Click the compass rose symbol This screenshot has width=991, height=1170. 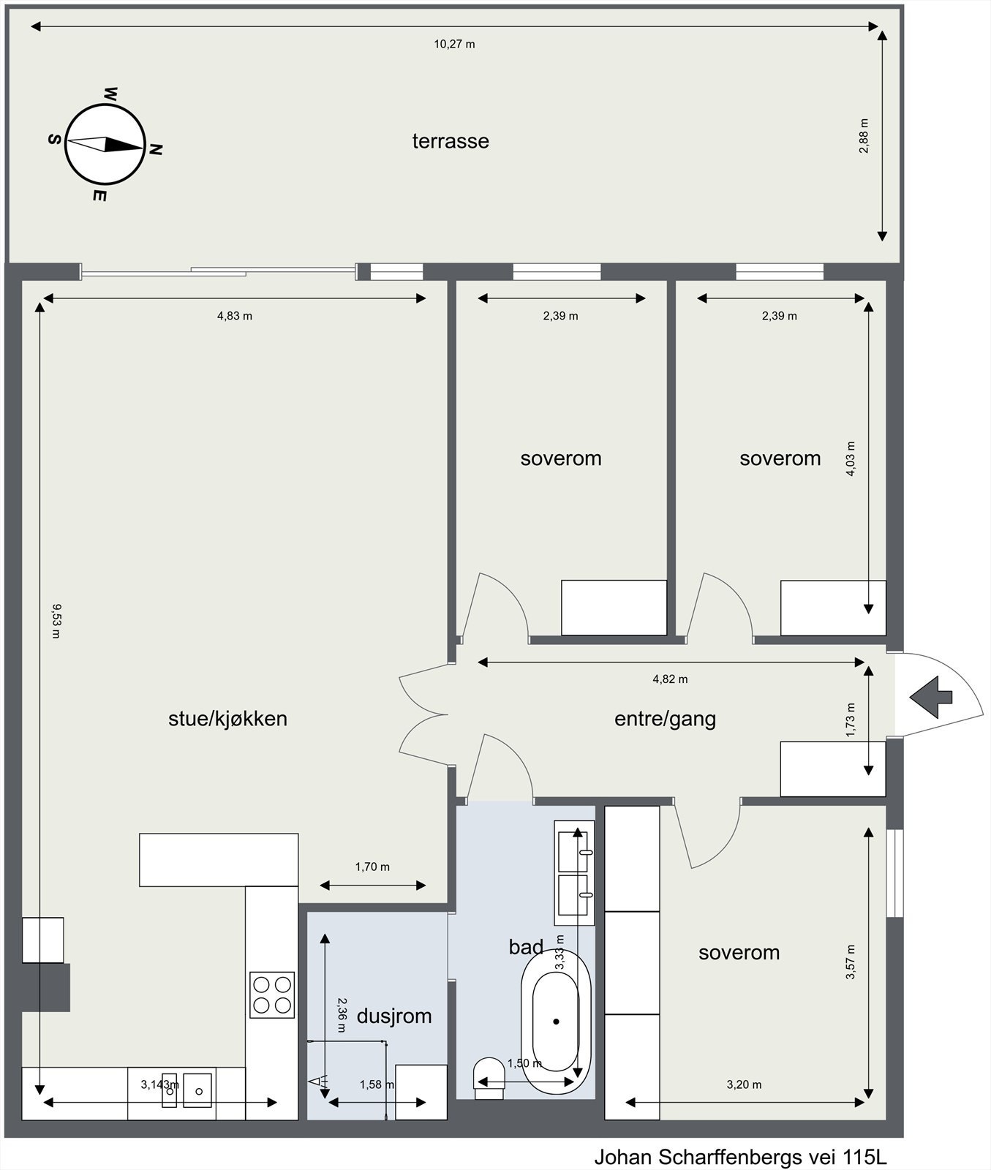click(106, 144)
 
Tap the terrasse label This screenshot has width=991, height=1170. click(451, 141)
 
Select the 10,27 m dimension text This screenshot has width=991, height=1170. click(454, 44)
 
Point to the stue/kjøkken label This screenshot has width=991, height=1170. click(227, 719)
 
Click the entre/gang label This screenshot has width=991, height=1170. click(665, 719)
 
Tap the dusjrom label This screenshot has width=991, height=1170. click(394, 1016)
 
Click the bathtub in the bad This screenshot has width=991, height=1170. click(556, 1021)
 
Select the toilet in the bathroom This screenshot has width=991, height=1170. click(490, 1078)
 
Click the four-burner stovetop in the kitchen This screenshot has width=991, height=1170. click(272, 994)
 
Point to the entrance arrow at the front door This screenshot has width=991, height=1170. click(930, 697)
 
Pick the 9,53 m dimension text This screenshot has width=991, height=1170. click(56, 620)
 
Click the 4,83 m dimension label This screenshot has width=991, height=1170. click(234, 316)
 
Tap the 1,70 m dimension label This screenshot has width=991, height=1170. click(372, 867)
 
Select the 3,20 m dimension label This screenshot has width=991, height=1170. click(744, 1084)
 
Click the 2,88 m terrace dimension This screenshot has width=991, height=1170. click(864, 135)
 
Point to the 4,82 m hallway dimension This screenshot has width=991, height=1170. click(670, 679)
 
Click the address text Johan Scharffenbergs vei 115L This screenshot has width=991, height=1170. click(740, 1158)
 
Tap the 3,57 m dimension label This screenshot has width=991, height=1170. click(850, 962)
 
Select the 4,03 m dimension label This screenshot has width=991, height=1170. click(850, 458)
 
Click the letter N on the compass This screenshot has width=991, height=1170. click(155, 150)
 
